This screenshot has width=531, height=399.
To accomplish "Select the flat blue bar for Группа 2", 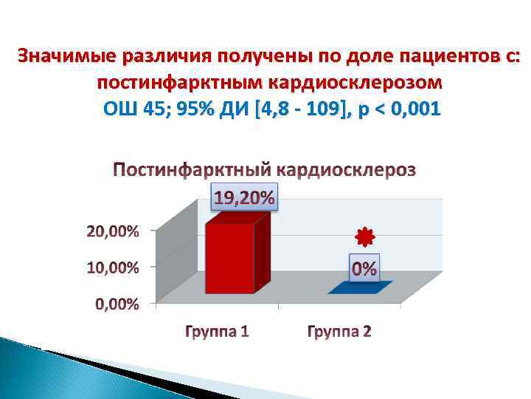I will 360,288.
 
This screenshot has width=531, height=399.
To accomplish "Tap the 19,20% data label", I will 244,197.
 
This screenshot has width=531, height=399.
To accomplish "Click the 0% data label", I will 364,269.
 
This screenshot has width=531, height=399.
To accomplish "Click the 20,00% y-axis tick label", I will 112,231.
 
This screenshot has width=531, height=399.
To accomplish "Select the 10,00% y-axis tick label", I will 112,267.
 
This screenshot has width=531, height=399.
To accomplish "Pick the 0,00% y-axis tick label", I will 116,304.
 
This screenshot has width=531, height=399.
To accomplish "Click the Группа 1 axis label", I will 217,331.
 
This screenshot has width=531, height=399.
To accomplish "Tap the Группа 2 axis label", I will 339,331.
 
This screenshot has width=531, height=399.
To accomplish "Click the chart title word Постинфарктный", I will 192,170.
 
